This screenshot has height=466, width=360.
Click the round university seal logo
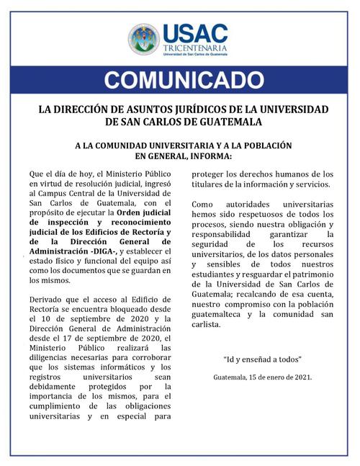click(x=144, y=40)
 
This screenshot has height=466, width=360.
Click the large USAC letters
click(x=195, y=33)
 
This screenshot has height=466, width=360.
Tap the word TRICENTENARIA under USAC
click(x=195, y=49)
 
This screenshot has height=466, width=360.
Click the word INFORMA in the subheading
click(x=210, y=154)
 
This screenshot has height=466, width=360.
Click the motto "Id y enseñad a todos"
click(x=262, y=359)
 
